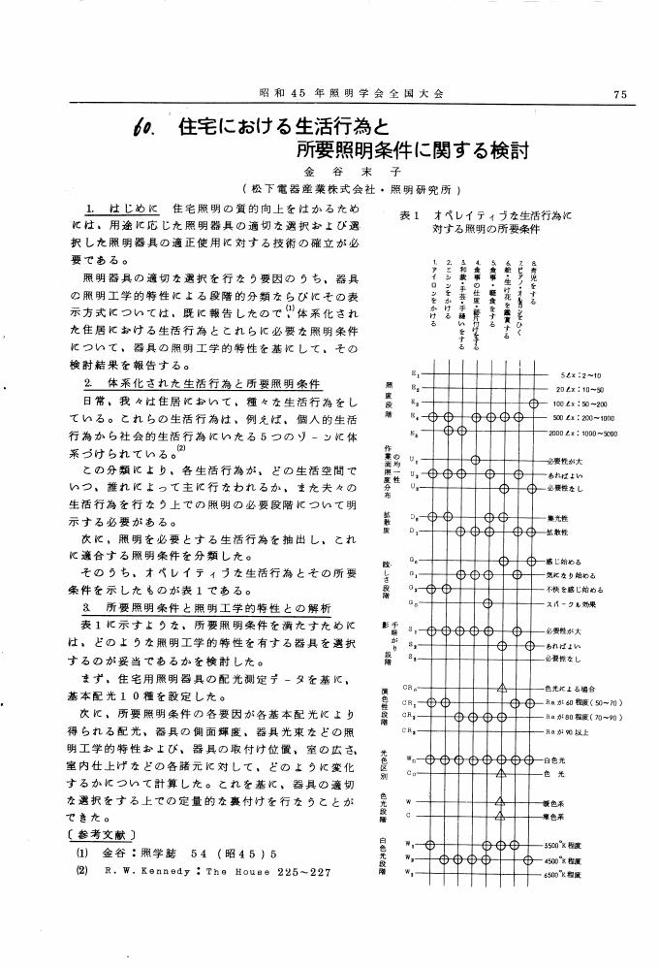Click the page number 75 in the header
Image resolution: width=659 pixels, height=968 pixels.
pyautogui.click(x=620, y=94)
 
